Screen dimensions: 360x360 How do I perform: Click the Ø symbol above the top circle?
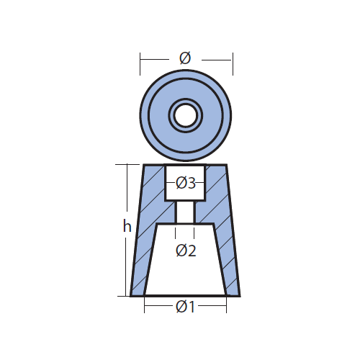coord(185,58)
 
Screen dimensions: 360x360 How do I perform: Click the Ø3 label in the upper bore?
coord(186,183)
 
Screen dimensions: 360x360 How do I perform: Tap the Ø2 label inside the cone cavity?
coord(186,251)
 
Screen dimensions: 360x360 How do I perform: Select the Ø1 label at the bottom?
coord(186,307)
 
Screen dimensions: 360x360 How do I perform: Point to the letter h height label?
coord(127,226)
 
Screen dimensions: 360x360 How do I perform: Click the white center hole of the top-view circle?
coord(186,115)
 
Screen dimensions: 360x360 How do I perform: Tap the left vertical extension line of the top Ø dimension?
coord(140,64)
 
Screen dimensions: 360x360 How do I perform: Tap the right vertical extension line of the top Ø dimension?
coord(233,64)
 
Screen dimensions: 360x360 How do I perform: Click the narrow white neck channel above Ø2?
coord(185,212)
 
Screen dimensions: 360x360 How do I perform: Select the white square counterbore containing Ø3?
coord(185,182)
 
